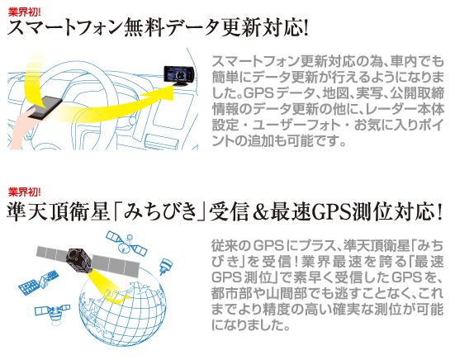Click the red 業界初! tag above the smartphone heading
[x=25, y=12]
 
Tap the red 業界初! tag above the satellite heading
[x=25, y=192]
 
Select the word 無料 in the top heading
[x=145, y=28]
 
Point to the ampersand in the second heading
[x=258, y=213]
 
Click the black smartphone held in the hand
[x=45, y=107]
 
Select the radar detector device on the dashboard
[x=178, y=75]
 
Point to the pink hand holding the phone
[x=21, y=129]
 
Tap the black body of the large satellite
[x=78, y=258]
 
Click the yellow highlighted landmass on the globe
[x=116, y=298]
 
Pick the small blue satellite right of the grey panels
[x=166, y=266]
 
